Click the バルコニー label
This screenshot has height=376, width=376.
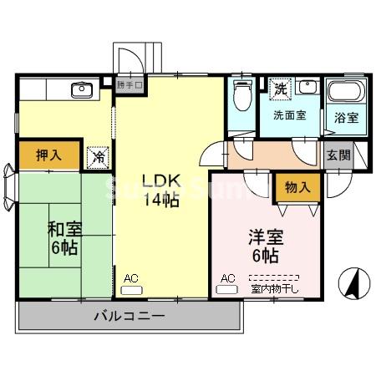(x=129, y=317)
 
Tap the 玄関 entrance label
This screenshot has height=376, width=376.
(x=338, y=155)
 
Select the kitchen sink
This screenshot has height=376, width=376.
(x=81, y=89)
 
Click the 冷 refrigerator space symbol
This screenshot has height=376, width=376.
(x=99, y=155)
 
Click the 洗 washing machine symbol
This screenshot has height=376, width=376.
(x=282, y=87)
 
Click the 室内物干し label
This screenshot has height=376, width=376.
(x=274, y=289)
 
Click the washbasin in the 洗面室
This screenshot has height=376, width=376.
(x=307, y=86)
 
